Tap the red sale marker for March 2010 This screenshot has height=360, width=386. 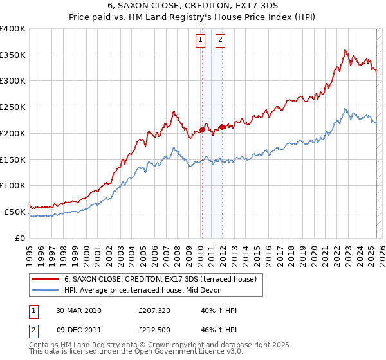click(x=201, y=129)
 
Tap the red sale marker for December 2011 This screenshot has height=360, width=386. click(x=222, y=127)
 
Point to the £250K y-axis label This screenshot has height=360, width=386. click(x=13, y=107)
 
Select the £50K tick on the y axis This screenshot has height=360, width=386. click(x=15, y=212)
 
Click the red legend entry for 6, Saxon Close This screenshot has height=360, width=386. click(x=160, y=279)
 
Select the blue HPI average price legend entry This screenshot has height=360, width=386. click(x=142, y=290)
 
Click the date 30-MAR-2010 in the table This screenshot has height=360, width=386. click(x=78, y=310)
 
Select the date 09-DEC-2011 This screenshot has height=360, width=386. click(x=78, y=331)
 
